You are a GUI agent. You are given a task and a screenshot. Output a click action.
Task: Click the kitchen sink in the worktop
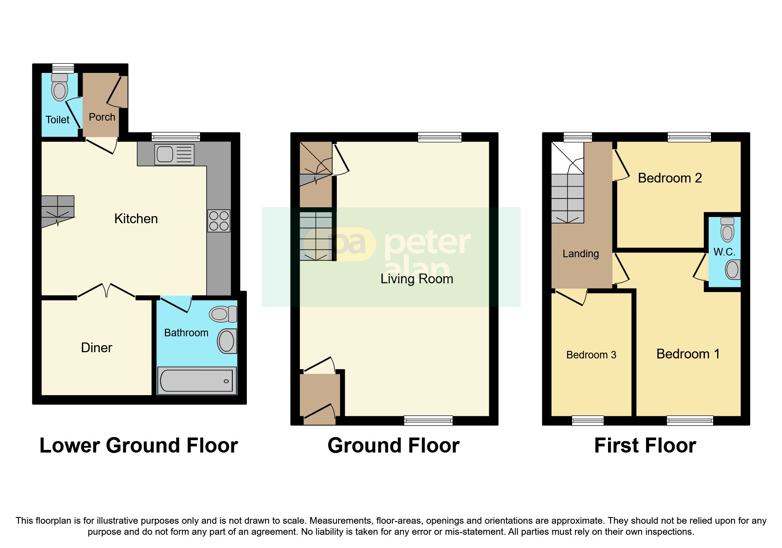(174, 155)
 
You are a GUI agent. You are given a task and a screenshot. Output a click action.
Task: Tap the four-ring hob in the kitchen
(219, 221)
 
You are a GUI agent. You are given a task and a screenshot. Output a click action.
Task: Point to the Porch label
(102, 117)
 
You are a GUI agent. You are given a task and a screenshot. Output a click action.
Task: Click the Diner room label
(97, 348)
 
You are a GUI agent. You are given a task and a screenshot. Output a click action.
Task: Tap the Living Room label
(417, 279)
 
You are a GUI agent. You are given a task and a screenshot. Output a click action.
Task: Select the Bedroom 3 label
(591, 355)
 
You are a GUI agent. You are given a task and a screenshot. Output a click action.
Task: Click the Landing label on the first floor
(581, 254)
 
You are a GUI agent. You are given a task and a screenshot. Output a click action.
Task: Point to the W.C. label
(724, 252)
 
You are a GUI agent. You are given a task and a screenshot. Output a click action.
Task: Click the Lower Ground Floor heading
(139, 445)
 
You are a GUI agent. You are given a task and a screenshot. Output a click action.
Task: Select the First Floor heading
(645, 445)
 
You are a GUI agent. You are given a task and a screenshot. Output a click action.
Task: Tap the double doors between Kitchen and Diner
(106, 291)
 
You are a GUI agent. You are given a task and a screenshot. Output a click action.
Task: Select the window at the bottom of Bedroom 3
(588, 420)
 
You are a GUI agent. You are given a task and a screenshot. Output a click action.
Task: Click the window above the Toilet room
(63, 68)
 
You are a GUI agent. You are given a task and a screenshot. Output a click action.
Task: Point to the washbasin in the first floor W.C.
(732, 270)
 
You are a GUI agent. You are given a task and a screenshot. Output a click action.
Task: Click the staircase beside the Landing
(568, 194)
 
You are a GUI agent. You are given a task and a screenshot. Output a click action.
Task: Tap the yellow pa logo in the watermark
(349, 244)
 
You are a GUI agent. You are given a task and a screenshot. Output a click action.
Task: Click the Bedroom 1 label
(688, 354)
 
